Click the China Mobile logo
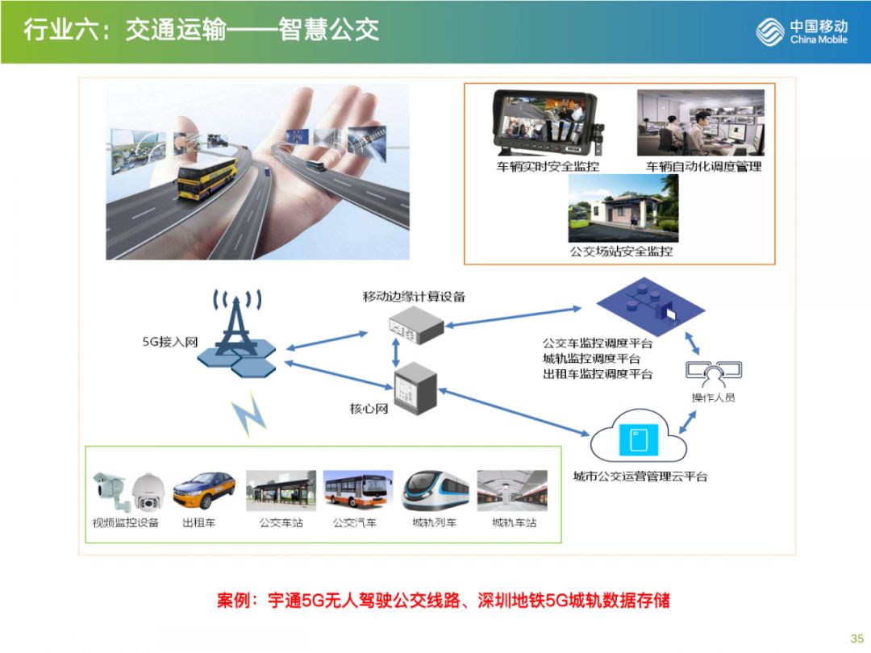tap(802, 32)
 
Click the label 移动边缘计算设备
tap(414, 296)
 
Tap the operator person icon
tap(714, 373)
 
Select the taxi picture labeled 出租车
tap(204, 490)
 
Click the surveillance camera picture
tap(129, 490)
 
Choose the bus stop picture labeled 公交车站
tap(281, 490)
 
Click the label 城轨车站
tap(514, 522)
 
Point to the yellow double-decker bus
tap(207, 177)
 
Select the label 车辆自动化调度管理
tap(703, 166)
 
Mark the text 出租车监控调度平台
tap(598, 374)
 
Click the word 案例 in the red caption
tap(235, 601)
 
